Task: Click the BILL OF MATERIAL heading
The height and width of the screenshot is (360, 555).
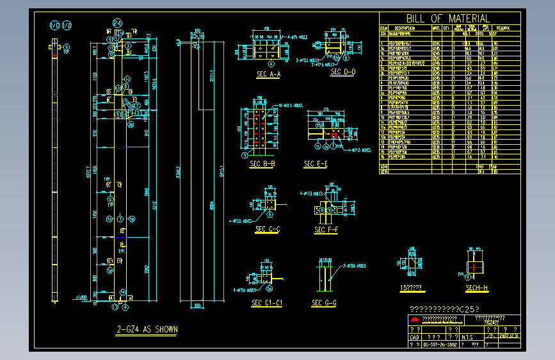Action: (x=447, y=19)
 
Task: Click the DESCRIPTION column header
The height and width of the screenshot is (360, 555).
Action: (x=405, y=28)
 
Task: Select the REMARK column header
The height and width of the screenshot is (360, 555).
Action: (x=503, y=28)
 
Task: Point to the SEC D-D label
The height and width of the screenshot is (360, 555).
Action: (x=342, y=72)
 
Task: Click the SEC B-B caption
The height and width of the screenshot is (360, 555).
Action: (x=262, y=164)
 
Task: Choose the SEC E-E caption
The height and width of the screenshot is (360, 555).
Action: (x=316, y=165)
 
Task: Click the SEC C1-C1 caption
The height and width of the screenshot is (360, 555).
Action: (x=267, y=303)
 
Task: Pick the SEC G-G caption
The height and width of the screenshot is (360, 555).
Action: (x=324, y=303)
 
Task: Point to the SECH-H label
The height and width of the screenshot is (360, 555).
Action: (x=477, y=289)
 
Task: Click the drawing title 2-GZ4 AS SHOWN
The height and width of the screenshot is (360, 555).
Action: (x=147, y=330)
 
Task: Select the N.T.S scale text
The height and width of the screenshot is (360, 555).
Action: (x=467, y=336)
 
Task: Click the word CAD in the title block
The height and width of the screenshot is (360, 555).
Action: (x=414, y=336)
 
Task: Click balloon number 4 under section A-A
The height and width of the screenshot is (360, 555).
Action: (x=271, y=64)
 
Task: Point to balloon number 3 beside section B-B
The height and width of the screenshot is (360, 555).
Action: (x=244, y=154)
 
